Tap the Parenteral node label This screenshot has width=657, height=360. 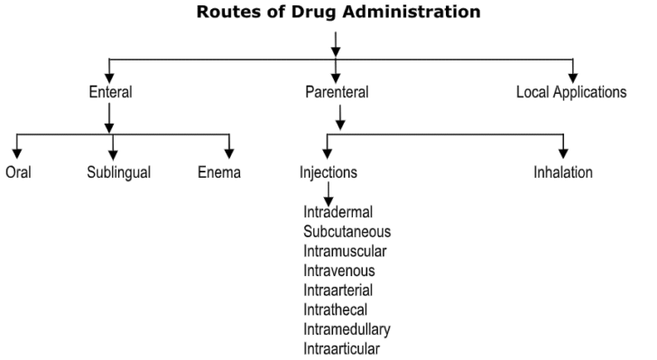(x=336, y=92)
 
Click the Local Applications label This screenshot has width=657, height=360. (x=571, y=92)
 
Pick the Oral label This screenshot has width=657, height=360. (x=18, y=172)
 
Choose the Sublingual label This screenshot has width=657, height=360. (x=119, y=172)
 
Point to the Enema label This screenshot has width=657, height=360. (x=219, y=172)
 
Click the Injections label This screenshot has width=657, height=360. (x=328, y=172)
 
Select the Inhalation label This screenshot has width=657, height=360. (x=563, y=172)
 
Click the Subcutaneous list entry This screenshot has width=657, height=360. (x=347, y=232)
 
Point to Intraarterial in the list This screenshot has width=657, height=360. (x=338, y=290)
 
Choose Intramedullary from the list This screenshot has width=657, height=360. (x=347, y=328)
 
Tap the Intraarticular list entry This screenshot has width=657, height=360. (x=342, y=347)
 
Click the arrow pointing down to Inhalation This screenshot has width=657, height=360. (x=564, y=146)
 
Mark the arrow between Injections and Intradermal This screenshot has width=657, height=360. (x=328, y=193)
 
